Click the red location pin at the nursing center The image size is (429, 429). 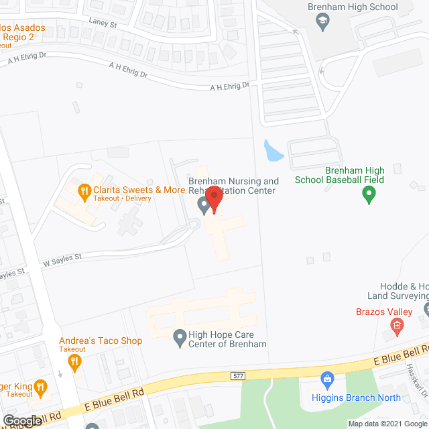coord(213,199)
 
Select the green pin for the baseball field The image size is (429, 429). coord(367,196)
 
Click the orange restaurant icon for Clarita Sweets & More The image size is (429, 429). coord(84,192)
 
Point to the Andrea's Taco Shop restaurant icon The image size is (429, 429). coord(74,363)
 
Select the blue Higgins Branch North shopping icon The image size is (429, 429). coord(328,380)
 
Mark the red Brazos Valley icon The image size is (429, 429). coord(397,328)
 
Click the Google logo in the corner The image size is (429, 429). coord(21,421)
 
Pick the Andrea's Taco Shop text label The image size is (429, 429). coord(101,341)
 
